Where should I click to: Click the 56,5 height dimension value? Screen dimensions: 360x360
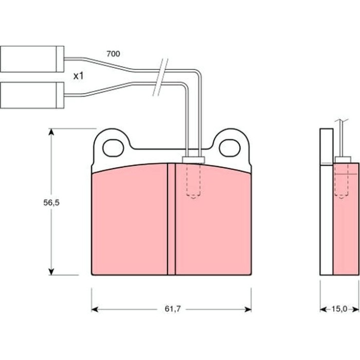coord(51,203)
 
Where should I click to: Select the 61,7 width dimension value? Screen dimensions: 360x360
coord(173,309)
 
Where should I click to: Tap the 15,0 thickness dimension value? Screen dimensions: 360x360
coord(339,309)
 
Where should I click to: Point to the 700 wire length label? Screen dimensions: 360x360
coord(113,53)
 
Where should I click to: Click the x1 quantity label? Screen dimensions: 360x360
coord(79,76)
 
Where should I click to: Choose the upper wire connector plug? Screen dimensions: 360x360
coord(32,59)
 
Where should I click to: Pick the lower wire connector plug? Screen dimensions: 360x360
coord(32,95)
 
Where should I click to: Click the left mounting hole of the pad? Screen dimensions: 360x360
coord(114,148)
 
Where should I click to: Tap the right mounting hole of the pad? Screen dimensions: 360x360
coord(229,148)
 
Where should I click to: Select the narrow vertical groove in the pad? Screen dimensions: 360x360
coord(171,219)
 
